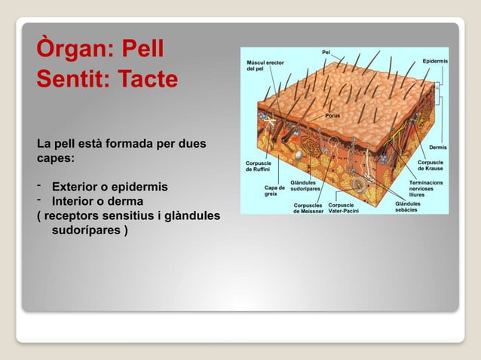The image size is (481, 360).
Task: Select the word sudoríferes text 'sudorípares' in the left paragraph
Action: (89, 230)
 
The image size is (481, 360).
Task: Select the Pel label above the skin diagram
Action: (326, 52)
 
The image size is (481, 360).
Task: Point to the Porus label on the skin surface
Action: (332, 116)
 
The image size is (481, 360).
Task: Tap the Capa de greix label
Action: (274, 191)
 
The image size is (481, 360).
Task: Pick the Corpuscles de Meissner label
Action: (308, 208)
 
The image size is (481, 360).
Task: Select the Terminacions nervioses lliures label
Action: (426, 188)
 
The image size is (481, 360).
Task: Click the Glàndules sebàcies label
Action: (408, 207)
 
